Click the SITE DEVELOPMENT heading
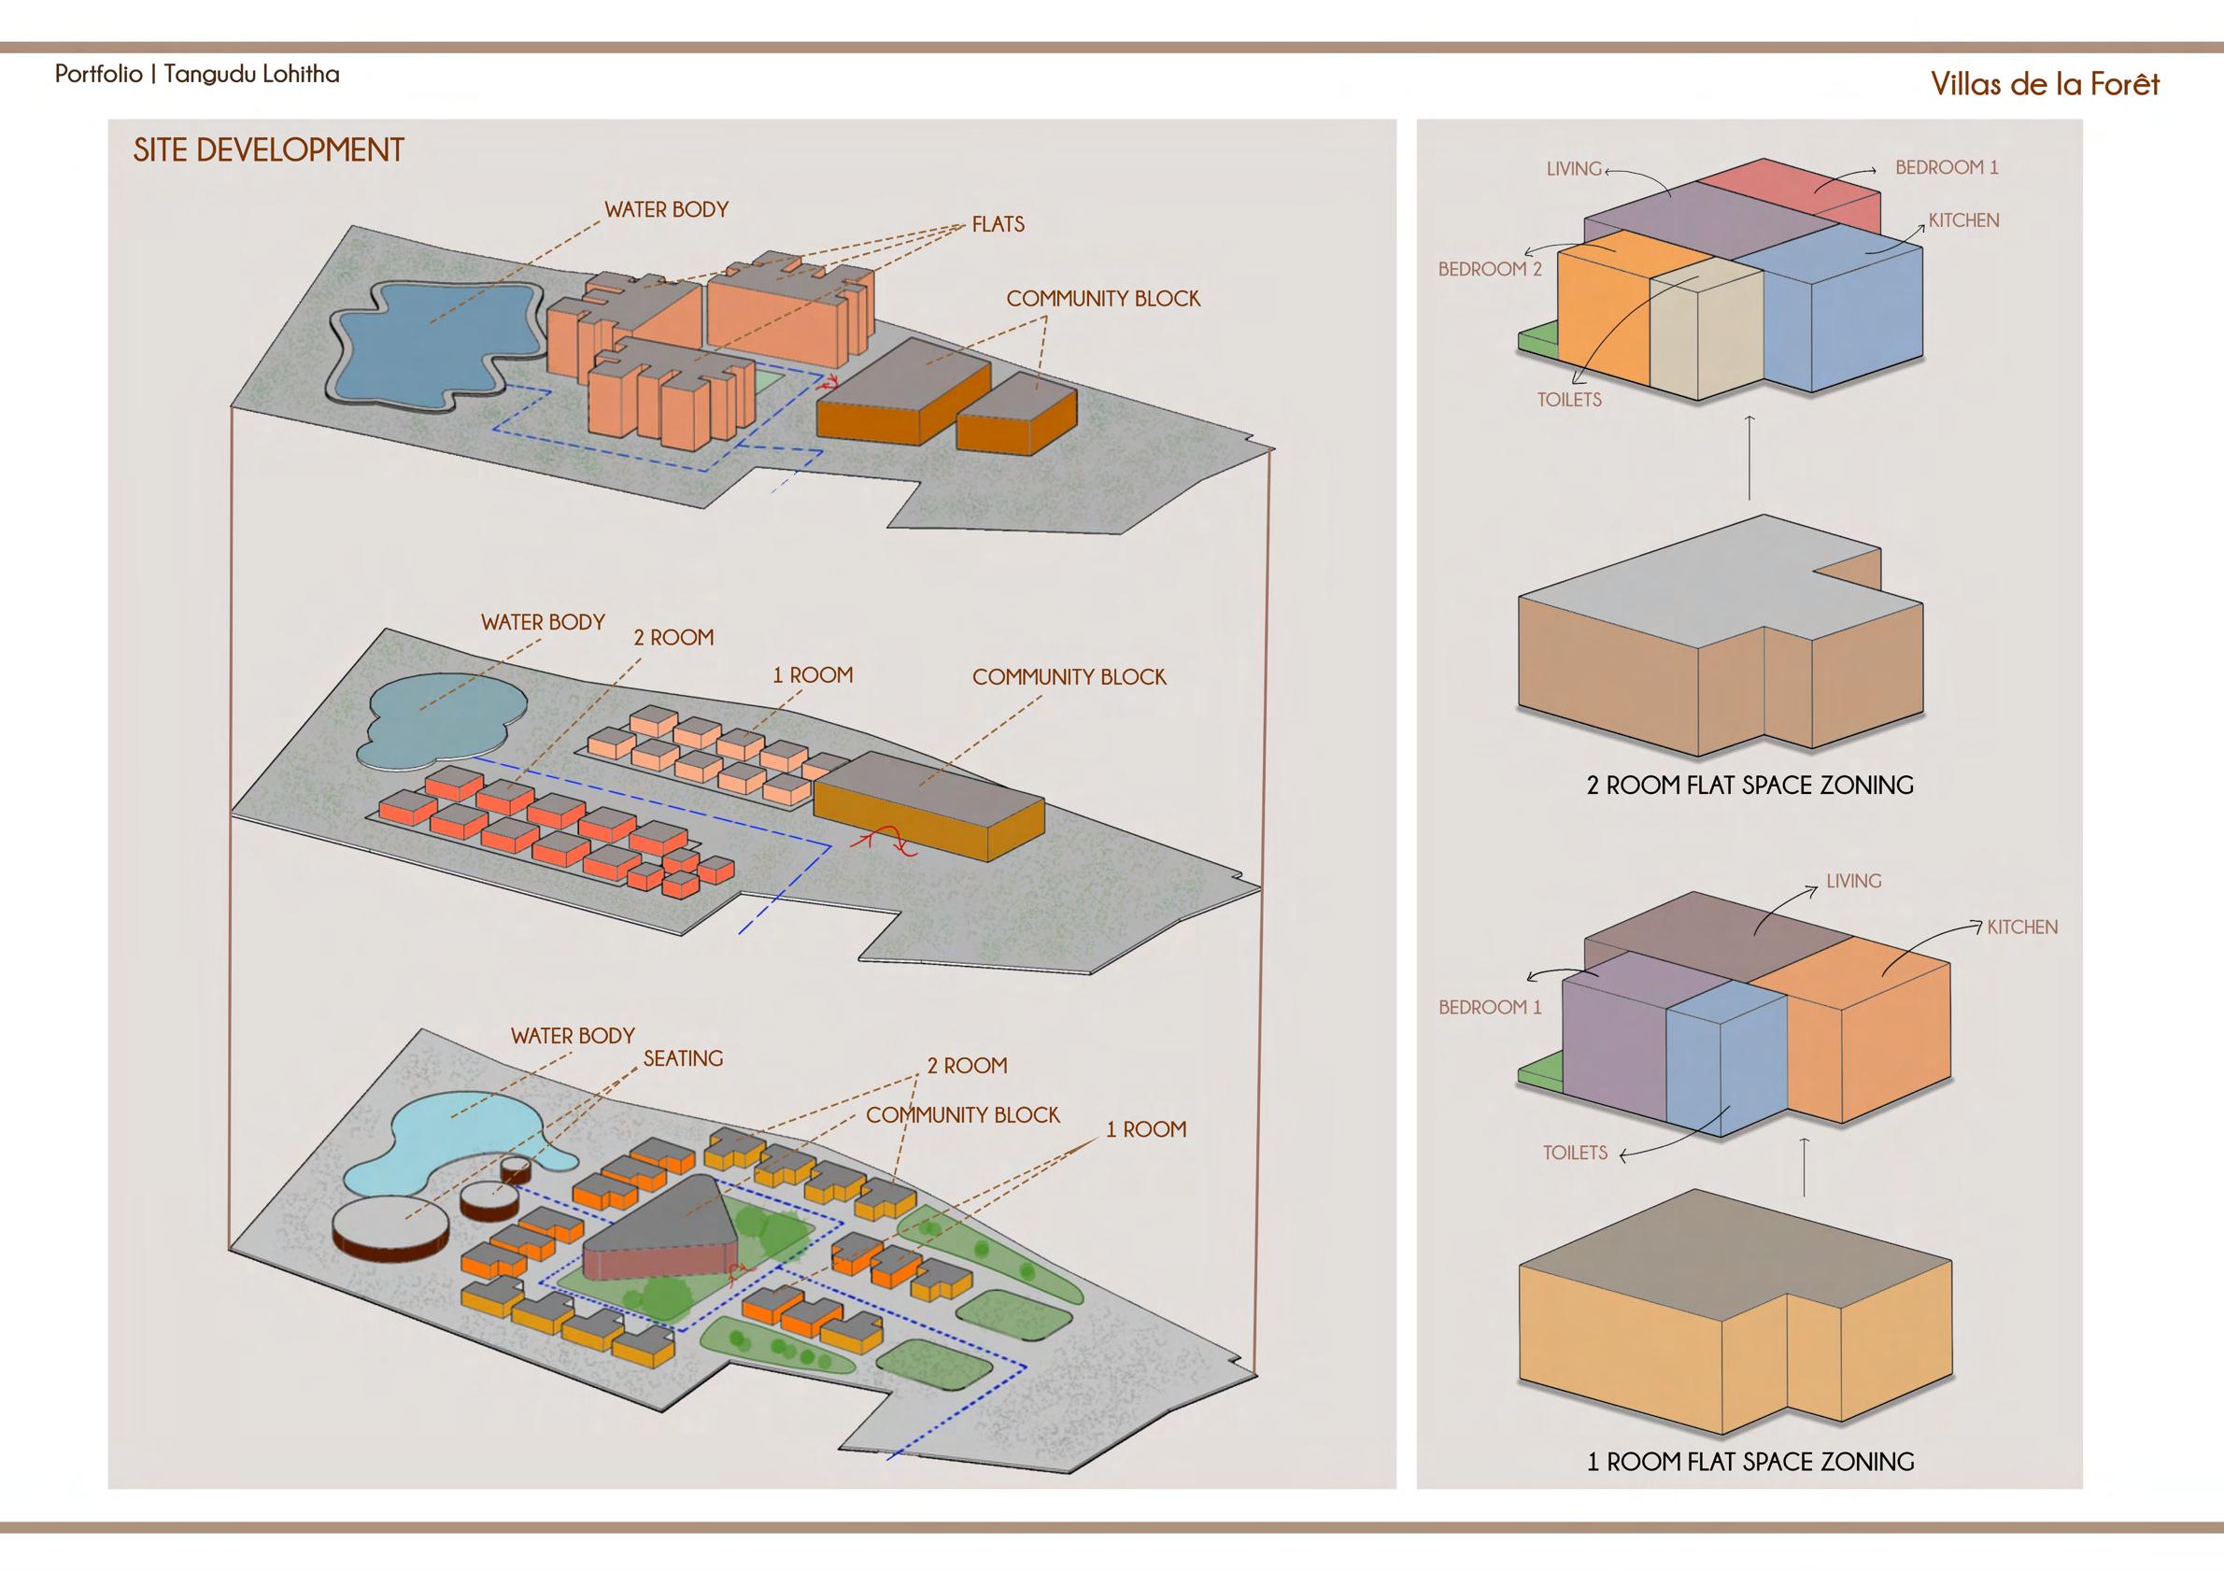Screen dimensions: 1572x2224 click(x=268, y=150)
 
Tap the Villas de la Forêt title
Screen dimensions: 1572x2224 click(x=2045, y=84)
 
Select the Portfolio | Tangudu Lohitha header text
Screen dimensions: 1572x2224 click(x=197, y=75)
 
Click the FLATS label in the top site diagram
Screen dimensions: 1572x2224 click(x=998, y=225)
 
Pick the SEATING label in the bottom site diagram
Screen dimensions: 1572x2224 click(x=683, y=1058)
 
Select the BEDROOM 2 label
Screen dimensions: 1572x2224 click(x=1489, y=269)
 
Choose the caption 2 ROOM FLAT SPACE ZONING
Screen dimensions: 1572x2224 click(x=1749, y=785)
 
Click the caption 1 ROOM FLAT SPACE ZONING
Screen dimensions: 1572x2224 click(x=1749, y=1489)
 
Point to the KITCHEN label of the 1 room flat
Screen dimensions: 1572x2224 click(x=2021, y=927)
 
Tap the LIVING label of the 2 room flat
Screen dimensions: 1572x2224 click(x=1573, y=168)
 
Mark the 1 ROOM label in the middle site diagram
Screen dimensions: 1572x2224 click(x=812, y=675)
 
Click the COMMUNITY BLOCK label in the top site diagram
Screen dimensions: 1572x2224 click(x=1102, y=299)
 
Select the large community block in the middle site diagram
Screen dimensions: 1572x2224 click(x=930, y=804)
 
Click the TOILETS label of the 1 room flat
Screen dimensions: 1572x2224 click(x=1575, y=1153)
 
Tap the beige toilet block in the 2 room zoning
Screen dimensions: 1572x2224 click(x=1705, y=339)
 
